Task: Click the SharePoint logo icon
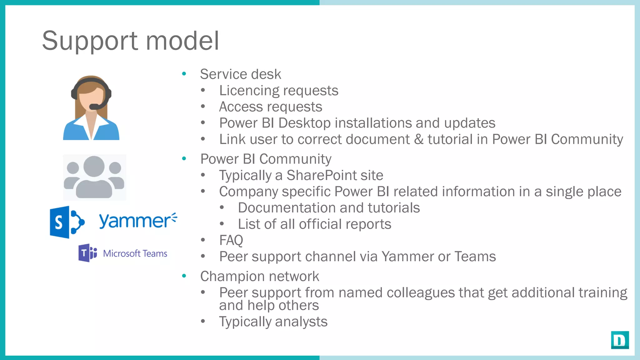pyautogui.click(x=67, y=222)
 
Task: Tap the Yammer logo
pyautogui.click(x=137, y=221)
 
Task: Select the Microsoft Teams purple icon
pyautogui.click(x=87, y=253)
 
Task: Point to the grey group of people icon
pyautogui.click(x=94, y=177)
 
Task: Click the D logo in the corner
pyautogui.click(x=620, y=340)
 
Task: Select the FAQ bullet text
pyautogui.click(x=231, y=240)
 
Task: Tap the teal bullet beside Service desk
pyautogui.click(x=184, y=74)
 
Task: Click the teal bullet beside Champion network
pyautogui.click(x=184, y=276)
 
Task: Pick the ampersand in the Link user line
pyautogui.click(x=419, y=139)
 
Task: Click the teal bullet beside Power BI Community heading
pyautogui.click(x=184, y=159)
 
